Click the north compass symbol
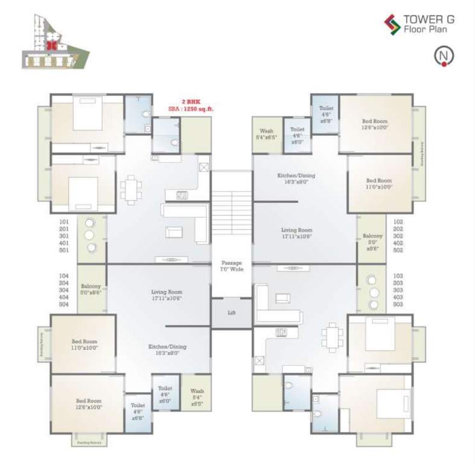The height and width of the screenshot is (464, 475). tap(444, 56)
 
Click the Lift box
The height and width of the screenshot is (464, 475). tap(231, 314)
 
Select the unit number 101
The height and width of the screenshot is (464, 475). tap(65, 222)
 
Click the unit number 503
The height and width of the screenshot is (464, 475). tap(397, 304)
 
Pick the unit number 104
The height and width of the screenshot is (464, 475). tap(65, 275)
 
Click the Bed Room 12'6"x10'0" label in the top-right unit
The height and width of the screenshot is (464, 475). tap(375, 124)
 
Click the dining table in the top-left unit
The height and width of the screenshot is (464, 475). tap(130, 189)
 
